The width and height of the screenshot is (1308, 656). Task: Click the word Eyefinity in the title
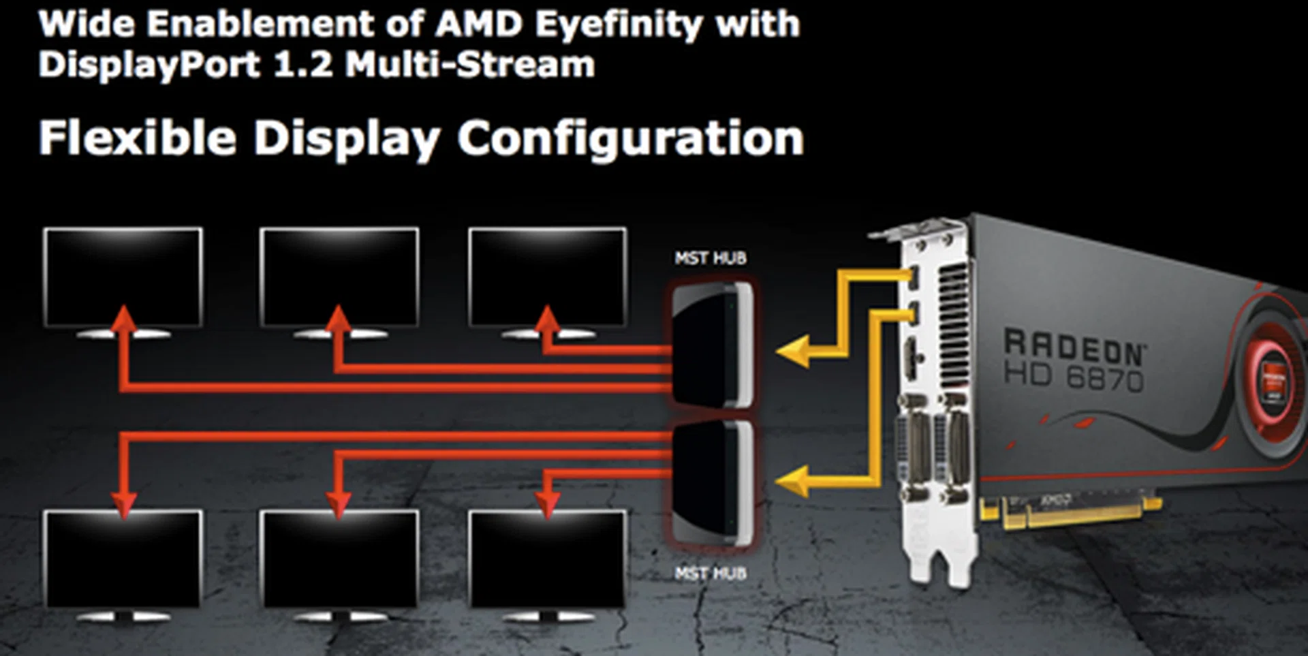tap(619, 25)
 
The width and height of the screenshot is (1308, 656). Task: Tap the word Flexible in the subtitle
tap(137, 138)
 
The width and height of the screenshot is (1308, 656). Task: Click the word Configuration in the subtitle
tap(630, 138)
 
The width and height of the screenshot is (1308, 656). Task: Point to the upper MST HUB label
tap(711, 258)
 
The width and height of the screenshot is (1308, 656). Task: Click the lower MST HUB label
tap(711, 574)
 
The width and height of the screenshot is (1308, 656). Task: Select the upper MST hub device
tap(711, 346)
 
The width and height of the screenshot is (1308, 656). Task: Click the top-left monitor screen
tap(123, 276)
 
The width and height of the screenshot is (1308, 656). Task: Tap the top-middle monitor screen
tap(339, 276)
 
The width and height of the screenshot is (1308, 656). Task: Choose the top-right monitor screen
tap(548, 276)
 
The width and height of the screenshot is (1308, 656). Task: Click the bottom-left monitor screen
tap(123, 559)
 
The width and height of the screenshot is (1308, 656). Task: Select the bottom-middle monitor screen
tap(339, 559)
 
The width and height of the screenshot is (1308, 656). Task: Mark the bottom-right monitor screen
tap(548, 559)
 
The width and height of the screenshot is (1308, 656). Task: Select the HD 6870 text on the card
tap(1074, 377)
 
